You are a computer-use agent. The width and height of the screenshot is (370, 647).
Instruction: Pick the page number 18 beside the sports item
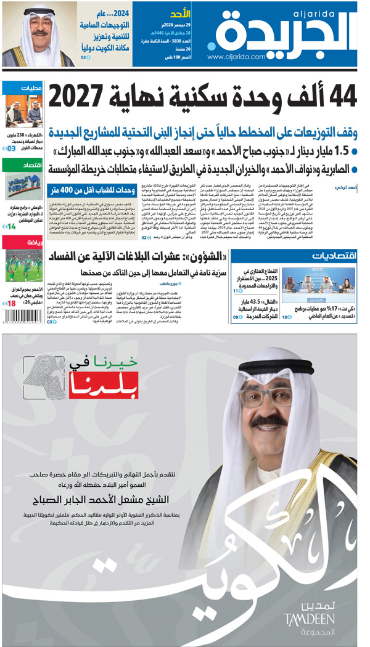(x=11, y=303)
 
